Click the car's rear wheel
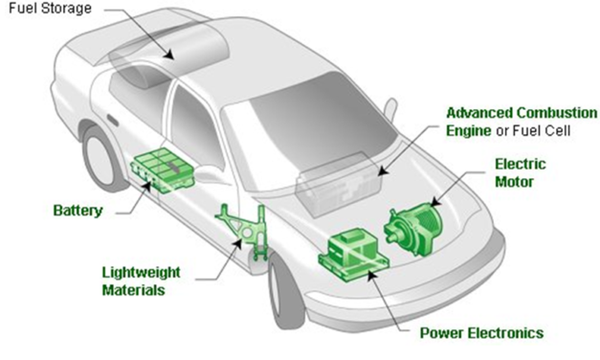[x=104, y=157]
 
